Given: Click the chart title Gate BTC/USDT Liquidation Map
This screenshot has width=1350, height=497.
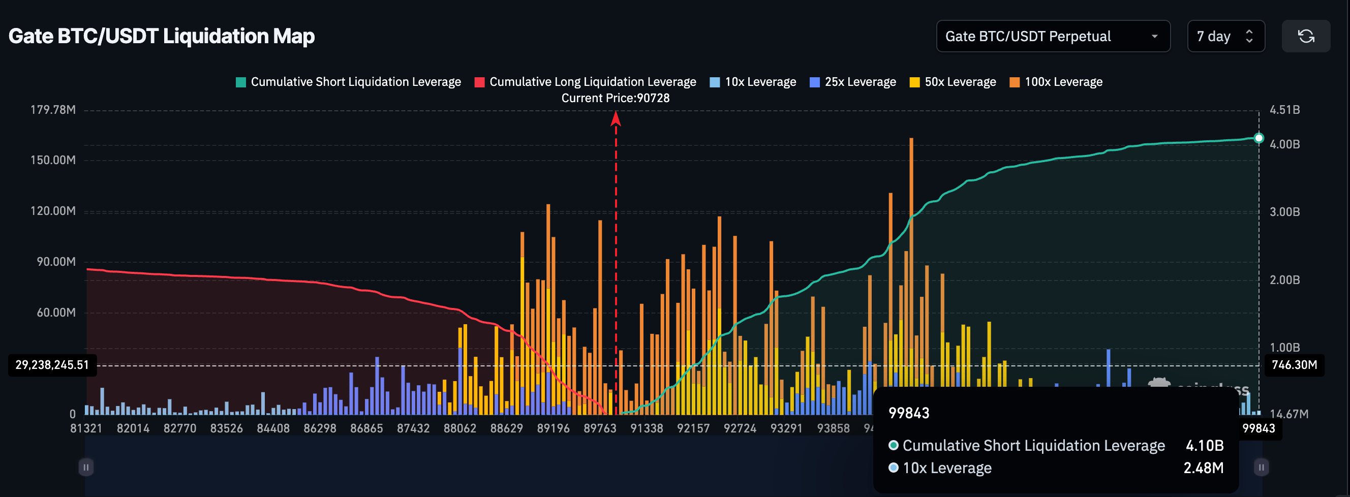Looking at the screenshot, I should point(162,36).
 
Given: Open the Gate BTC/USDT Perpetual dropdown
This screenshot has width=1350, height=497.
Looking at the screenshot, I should point(1052,36).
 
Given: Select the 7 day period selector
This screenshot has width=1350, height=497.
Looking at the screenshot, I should point(1225,36).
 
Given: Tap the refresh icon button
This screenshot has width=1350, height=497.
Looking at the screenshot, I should point(1305,36).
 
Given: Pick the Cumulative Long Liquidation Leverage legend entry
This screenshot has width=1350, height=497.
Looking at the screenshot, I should point(586,82).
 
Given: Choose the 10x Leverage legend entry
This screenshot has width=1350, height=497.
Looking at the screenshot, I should point(753,82).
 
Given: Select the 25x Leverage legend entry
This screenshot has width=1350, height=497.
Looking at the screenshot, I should point(853,82).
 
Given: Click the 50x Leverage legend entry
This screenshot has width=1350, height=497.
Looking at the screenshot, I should point(953,82).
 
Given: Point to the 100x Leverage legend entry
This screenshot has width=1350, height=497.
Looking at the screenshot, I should point(1056,82).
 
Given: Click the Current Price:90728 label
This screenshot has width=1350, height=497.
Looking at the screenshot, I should point(615,98).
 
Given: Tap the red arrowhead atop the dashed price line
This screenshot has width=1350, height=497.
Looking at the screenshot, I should point(616,119).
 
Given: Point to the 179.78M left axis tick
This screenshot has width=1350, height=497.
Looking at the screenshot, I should point(53,110).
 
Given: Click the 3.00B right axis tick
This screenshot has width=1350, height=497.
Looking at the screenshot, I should point(1284,212).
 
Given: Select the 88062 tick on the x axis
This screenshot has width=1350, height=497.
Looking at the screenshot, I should point(459,428).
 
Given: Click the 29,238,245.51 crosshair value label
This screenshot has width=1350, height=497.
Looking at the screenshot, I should point(52,365).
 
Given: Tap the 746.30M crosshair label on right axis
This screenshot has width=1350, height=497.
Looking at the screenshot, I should point(1294,365).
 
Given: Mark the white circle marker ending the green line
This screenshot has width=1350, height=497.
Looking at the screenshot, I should point(1259,138).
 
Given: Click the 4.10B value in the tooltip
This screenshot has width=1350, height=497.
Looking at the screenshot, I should point(1204,446).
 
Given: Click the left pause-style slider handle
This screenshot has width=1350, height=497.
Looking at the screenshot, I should point(86,467).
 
